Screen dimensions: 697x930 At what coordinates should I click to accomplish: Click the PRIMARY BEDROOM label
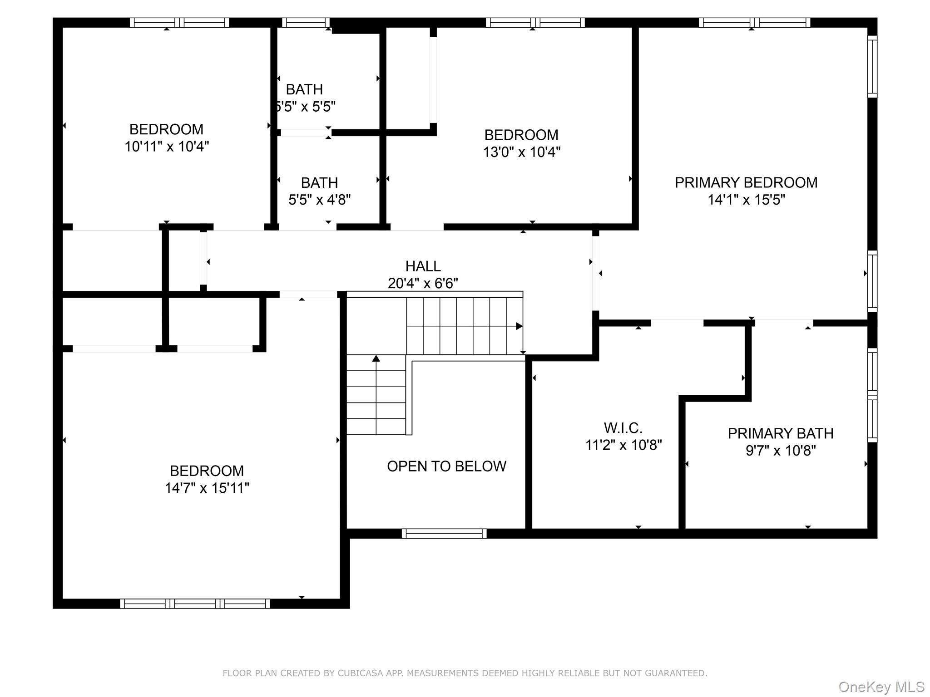(x=746, y=182)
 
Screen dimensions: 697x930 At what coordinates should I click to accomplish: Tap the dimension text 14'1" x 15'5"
(x=746, y=200)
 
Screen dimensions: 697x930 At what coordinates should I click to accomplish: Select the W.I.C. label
(x=623, y=428)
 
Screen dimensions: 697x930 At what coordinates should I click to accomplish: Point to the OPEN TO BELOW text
(x=446, y=466)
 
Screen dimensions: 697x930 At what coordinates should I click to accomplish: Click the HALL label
(x=423, y=266)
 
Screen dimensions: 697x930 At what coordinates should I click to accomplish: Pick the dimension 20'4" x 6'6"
(x=423, y=283)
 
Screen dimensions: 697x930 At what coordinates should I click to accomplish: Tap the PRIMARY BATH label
(x=780, y=433)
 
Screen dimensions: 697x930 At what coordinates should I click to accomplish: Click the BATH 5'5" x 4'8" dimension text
(x=319, y=200)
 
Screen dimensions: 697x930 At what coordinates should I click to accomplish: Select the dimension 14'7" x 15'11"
(x=207, y=488)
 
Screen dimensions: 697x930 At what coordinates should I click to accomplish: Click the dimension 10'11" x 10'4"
(x=167, y=147)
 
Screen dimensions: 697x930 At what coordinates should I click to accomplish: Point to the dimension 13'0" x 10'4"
(x=521, y=152)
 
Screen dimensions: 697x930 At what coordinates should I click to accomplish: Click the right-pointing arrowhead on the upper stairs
(x=519, y=326)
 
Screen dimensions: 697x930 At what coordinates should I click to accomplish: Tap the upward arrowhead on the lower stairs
(x=376, y=358)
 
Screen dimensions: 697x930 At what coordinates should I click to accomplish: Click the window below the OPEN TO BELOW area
(x=444, y=534)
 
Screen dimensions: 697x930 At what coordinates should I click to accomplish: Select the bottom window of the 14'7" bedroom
(x=195, y=604)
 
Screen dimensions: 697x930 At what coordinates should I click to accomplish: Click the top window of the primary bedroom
(x=754, y=22)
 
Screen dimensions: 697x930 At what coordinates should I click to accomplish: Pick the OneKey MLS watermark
(x=881, y=687)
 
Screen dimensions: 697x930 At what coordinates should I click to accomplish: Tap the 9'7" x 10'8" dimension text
(x=780, y=451)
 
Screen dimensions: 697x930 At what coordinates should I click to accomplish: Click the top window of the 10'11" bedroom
(x=179, y=22)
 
